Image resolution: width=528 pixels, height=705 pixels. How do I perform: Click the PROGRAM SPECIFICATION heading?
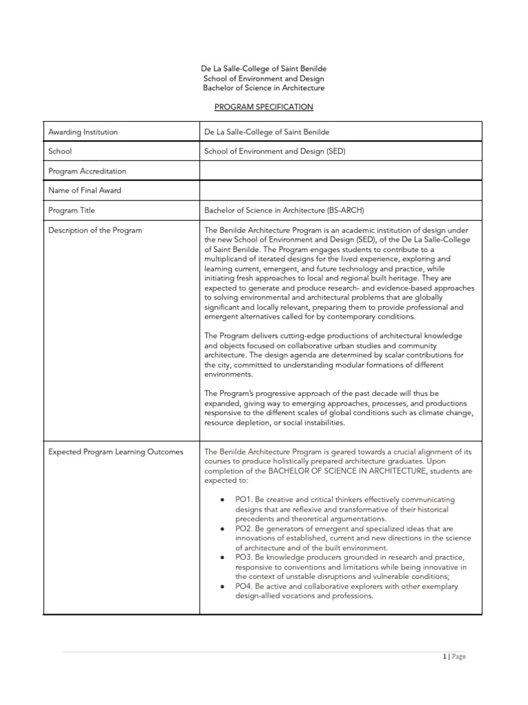pyautogui.click(x=264, y=107)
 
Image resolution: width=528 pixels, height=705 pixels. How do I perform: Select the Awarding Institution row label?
pyautogui.click(x=82, y=131)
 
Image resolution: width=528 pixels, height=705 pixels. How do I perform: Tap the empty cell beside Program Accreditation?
pyautogui.click(x=340, y=171)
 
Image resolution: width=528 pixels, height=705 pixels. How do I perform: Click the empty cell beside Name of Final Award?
pyautogui.click(x=340, y=190)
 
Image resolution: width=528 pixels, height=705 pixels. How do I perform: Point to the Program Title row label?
pyautogui.click(x=71, y=210)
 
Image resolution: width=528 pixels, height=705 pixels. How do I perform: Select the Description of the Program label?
pyautogui.click(x=95, y=230)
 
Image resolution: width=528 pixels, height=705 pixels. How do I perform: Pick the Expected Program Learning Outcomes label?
pyautogui.click(x=115, y=452)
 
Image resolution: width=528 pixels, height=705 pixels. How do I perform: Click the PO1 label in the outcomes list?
pyautogui.click(x=244, y=499)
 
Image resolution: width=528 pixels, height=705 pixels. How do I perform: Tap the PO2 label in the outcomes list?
pyautogui.click(x=244, y=528)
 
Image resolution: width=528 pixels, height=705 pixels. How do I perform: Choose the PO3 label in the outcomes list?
pyautogui.click(x=244, y=557)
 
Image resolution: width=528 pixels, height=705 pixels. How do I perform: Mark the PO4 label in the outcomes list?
pyautogui.click(x=244, y=586)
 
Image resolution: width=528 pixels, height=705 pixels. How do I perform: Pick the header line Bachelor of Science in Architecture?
pyautogui.click(x=264, y=88)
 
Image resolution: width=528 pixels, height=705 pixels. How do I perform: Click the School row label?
pyautogui.click(x=60, y=151)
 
